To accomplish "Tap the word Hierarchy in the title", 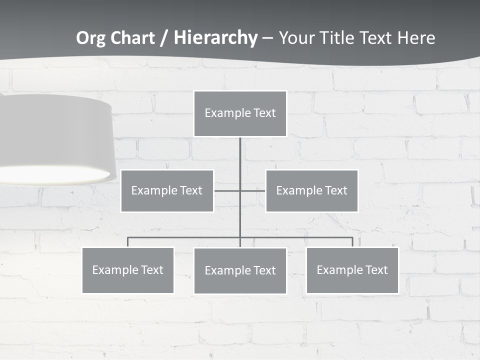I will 215,38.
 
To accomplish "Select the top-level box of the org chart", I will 240,113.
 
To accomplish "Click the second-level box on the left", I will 167,190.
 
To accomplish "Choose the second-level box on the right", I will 312,190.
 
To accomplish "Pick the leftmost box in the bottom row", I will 128,270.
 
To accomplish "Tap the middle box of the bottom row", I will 240,270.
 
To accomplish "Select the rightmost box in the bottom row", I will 352,270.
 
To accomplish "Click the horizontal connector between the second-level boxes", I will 252,190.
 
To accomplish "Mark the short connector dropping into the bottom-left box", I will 128,242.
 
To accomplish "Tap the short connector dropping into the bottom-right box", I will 352,242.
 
